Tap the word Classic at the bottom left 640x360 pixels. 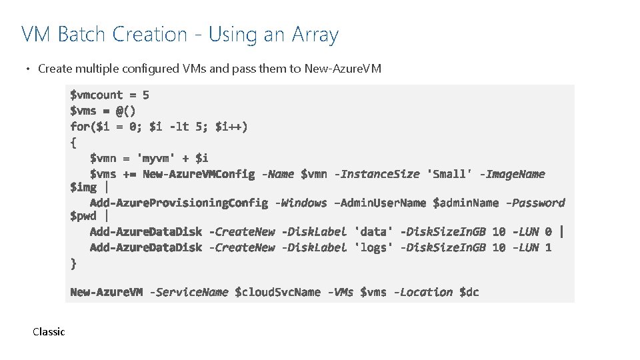coord(49,331)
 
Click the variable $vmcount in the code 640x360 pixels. coord(97,95)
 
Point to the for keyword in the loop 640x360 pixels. coord(79,126)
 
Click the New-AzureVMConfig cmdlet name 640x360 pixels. coord(199,174)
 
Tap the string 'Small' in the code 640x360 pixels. coord(450,174)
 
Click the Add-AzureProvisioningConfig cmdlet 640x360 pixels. coord(179,203)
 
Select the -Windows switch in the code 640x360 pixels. coord(301,203)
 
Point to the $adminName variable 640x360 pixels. coord(465,203)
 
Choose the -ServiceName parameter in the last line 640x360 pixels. coord(189,292)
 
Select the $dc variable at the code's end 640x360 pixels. coord(469,292)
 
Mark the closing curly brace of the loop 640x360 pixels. coord(73,263)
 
